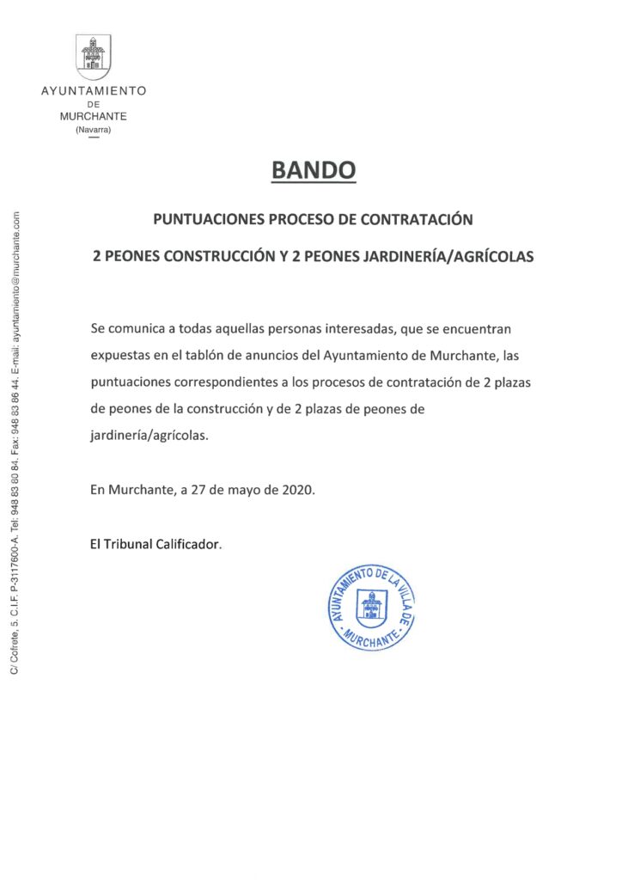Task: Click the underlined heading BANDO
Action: click(x=313, y=171)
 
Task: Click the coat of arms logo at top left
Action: click(x=94, y=54)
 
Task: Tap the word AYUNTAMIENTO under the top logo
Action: click(x=94, y=91)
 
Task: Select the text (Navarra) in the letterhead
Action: click(x=94, y=129)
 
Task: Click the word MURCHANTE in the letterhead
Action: click(x=94, y=116)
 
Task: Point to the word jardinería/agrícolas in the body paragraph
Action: click(x=149, y=437)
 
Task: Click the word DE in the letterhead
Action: click(x=94, y=104)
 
